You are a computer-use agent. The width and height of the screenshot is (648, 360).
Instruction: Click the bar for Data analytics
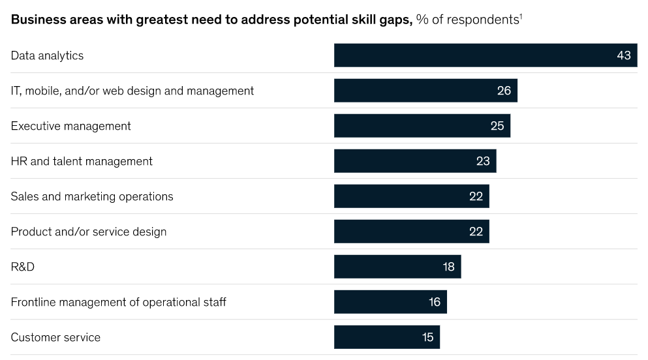click(x=485, y=55)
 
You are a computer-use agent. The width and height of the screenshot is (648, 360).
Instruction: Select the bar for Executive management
click(x=422, y=126)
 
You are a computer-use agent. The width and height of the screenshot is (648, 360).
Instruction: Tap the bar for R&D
click(x=397, y=267)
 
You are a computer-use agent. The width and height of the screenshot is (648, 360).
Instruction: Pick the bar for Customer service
click(x=386, y=337)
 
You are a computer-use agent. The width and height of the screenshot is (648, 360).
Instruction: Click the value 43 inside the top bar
click(x=624, y=55)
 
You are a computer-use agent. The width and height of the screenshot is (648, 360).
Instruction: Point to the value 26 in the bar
click(x=504, y=91)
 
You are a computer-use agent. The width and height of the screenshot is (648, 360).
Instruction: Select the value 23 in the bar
click(x=483, y=161)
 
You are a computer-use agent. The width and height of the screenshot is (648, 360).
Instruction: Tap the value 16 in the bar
click(x=435, y=302)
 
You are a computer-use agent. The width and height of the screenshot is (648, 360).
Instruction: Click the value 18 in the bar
click(x=449, y=267)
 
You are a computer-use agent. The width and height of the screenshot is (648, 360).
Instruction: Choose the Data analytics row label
click(x=47, y=55)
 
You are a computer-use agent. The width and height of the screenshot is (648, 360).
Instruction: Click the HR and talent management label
click(x=82, y=161)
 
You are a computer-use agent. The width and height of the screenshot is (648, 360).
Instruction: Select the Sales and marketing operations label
click(x=92, y=196)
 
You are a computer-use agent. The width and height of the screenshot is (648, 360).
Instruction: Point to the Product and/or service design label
click(x=89, y=232)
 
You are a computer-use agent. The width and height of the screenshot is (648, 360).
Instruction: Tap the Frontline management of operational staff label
click(x=119, y=302)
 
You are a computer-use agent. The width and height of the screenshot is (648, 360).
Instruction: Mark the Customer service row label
click(x=55, y=337)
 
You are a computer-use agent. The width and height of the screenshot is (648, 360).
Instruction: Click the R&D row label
click(x=22, y=267)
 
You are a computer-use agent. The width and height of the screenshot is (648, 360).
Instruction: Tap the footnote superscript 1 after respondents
click(x=521, y=16)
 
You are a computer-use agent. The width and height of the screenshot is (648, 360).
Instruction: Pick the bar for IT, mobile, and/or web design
click(x=425, y=91)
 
